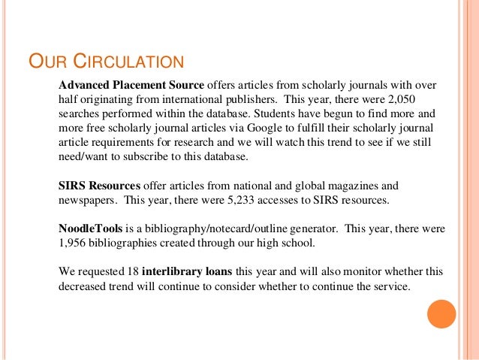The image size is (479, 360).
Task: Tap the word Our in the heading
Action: pos(46,59)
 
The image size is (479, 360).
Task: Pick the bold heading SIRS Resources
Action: pos(98,185)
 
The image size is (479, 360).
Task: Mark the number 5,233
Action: pos(241,200)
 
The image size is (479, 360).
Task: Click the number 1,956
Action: pos(76,243)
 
